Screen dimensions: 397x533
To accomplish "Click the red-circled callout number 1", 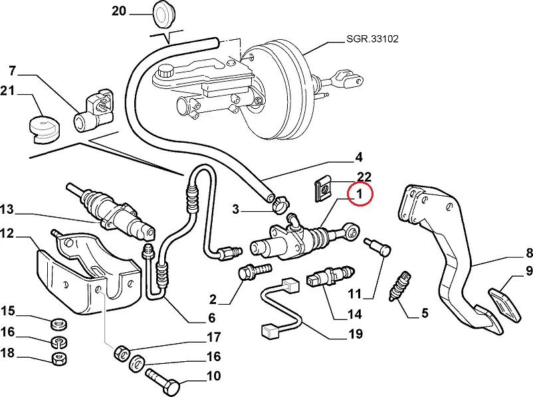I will (359, 195).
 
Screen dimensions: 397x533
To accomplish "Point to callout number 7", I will (13, 70).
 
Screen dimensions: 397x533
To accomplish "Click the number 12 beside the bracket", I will (7, 233).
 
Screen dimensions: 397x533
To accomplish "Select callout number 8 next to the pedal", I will (529, 252).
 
